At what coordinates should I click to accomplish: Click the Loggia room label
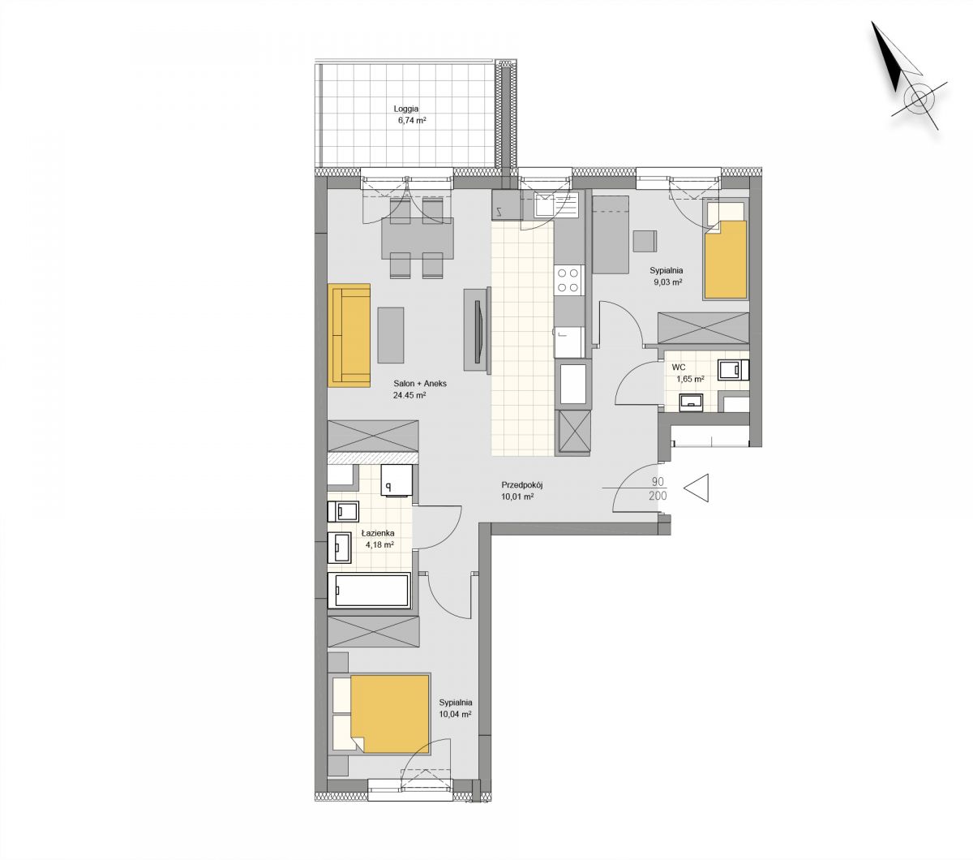click(405, 109)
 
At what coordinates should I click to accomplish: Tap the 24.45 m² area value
click(409, 396)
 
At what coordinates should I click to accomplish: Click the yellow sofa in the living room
click(349, 335)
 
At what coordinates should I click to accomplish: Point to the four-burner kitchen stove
click(568, 280)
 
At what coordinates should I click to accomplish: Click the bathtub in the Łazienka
click(369, 590)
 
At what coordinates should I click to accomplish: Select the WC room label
click(678, 367)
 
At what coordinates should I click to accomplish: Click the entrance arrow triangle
click(696, 488)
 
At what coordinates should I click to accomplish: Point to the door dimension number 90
click(658, 482)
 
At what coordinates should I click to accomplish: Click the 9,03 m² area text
click(667, 282)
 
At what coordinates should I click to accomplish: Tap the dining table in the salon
click(418, 239)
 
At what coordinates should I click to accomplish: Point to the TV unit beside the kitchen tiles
click(477, 329)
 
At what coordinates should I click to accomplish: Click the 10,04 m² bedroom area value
click(455, 714)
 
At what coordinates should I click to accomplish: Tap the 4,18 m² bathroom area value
click(379, 544)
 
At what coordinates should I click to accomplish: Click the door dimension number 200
click(658, 496)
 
